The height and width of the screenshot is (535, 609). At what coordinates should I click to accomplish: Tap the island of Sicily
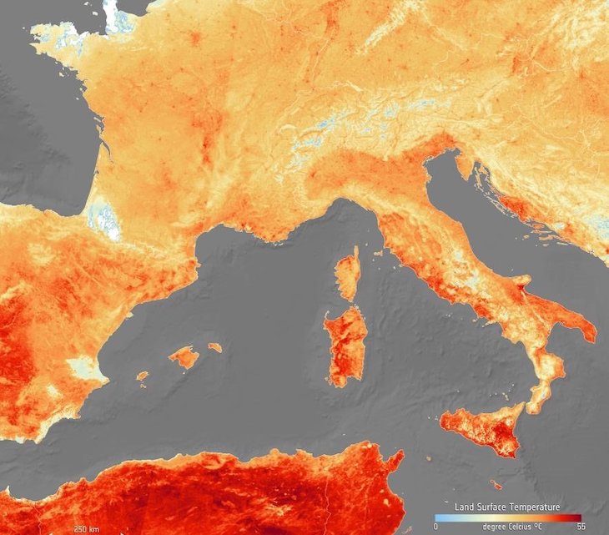point(480,427)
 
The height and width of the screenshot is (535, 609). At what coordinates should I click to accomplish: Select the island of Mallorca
point(184,357)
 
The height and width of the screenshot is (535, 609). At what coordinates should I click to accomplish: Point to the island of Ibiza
point(143,376)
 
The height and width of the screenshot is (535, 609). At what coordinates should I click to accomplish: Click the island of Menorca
point(215,346)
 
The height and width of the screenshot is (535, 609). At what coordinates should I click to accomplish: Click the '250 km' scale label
point(88,528)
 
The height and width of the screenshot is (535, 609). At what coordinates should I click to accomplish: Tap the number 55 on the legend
point(577,527)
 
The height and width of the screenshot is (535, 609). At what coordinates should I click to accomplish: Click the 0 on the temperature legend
point(436,527)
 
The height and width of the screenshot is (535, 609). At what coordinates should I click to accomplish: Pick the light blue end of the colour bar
point(438,517)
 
